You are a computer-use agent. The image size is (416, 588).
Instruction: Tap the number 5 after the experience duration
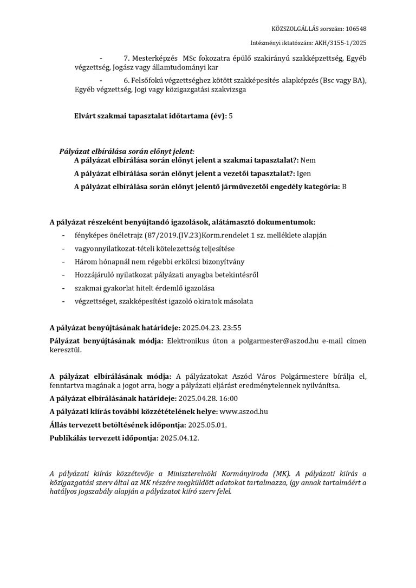tap(231, 116)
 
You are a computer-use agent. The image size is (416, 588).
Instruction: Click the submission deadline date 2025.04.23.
tap(201, 328)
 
